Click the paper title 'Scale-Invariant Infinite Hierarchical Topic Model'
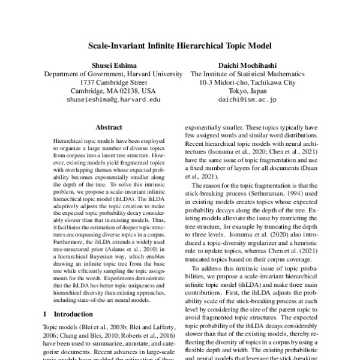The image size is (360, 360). [180, 45]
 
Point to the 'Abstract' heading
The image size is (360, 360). [109, 128]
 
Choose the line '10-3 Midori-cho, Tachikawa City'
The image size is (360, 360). [247, 82]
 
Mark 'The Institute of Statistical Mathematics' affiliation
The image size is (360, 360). [247, 74]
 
